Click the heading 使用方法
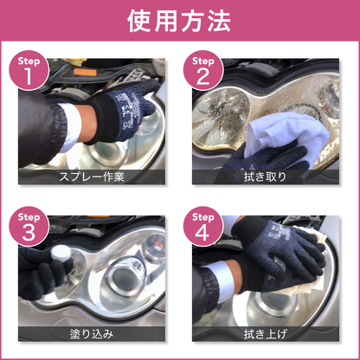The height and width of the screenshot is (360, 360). click(x=180, y=22)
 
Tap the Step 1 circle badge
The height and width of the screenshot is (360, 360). click(x=30, y=73)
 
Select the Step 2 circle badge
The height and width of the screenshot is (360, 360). click(x=203, y=73)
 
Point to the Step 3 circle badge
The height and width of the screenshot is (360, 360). click(x=30, y=226)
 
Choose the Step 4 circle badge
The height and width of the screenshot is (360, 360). click(x=203, y=226)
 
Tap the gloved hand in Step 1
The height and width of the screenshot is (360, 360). click(x=121, y=108)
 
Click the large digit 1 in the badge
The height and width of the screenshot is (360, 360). click(x=30, y=78)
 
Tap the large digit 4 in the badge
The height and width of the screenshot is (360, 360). click(x=203, y=231)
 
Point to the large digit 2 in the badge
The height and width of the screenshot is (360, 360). click(x=203, y=78)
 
